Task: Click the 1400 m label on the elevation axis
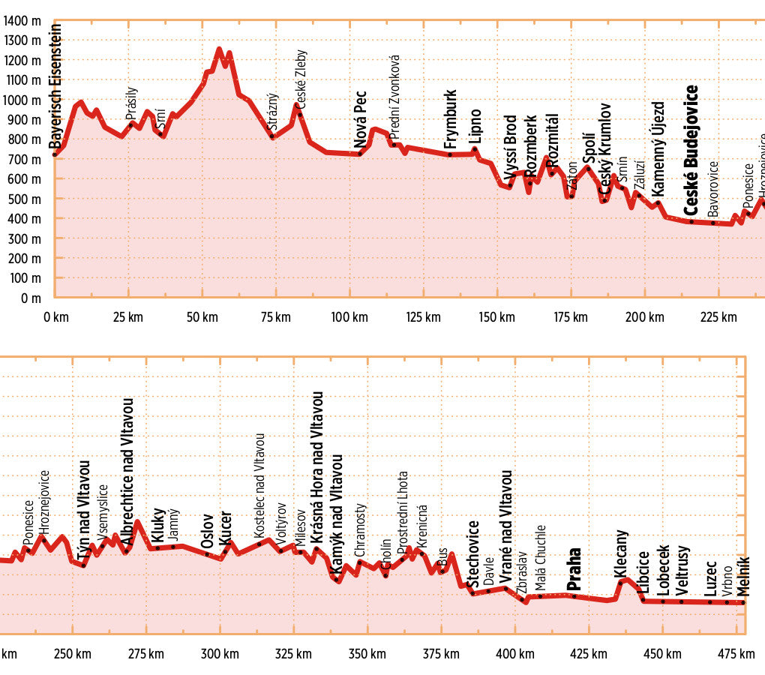point(22,20)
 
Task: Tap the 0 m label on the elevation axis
point(31,298)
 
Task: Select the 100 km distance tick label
point(349,317)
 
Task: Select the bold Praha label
point(574,569)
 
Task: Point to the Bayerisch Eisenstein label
point(55,86)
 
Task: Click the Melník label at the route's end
point(742,578)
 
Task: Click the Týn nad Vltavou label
point(83,510)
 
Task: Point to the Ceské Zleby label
point(301,81)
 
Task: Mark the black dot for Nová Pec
point(360,154)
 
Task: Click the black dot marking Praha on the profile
point(574,596)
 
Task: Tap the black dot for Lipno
point(475,148)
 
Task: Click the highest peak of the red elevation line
point(219,49)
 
